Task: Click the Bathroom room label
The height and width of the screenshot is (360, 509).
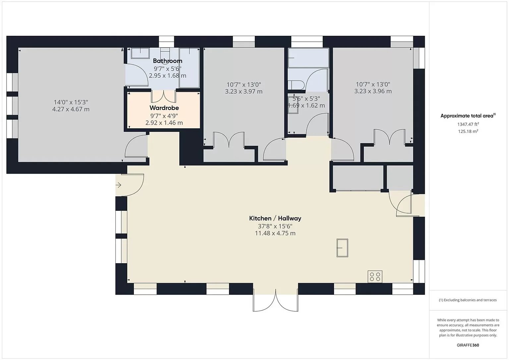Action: [x=167, y=61]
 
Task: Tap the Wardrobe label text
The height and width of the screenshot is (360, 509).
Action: [x=164, y=108]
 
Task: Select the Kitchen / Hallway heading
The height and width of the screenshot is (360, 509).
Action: [x=275, y=218]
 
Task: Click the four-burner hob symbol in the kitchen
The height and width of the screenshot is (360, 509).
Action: [x=375, y=276]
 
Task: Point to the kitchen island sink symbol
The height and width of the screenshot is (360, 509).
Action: [x=342, y=248]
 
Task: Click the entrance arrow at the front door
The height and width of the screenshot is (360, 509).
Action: [x=118, y=185]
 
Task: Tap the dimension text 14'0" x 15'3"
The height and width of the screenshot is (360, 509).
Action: [x=71, y=102]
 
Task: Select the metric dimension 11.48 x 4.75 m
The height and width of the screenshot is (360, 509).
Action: [x=275, y=233]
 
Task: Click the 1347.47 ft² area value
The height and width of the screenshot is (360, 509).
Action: [x=468, y=124]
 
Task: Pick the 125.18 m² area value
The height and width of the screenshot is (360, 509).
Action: [x=468, y=131]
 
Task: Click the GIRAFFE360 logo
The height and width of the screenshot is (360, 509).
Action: [x=468, y=345]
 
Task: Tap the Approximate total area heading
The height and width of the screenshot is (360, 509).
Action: [x=468, y=116]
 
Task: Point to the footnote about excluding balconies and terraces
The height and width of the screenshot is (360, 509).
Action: [x=468, y=300]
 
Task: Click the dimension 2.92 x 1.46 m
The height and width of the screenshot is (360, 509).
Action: [x=164, y=123]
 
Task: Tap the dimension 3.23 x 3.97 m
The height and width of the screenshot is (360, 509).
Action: [x=244, y=91]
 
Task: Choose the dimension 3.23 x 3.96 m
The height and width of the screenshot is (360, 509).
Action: [x=373, y=91]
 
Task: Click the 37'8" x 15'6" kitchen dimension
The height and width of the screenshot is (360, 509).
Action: [x=275, y=226]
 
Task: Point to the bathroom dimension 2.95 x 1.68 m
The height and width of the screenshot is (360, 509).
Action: [x=167, y=76]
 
